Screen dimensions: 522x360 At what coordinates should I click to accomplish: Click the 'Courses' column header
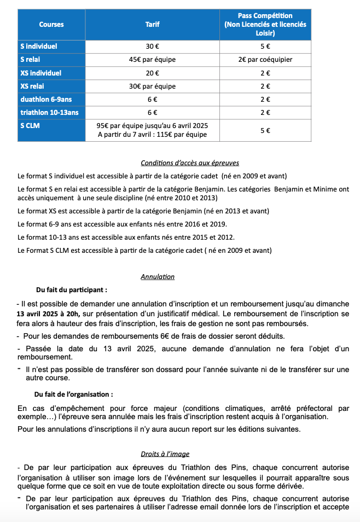[x=51, y=24]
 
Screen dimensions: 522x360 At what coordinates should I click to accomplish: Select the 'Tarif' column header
[x=152, y=24]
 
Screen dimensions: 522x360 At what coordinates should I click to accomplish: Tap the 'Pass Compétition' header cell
[x=265, y=24]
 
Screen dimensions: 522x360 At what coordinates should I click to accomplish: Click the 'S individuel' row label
[x=39, y=47]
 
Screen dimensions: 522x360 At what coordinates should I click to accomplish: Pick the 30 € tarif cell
[x=152, y=47]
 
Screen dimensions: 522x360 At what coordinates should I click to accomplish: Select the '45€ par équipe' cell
[x=152, y=60]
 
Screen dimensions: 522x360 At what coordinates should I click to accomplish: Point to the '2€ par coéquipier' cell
[x=265, y=60]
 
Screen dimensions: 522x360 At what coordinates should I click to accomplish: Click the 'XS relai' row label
[x=32, y=86]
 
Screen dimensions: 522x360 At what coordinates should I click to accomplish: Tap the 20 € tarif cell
[x=152, y=73]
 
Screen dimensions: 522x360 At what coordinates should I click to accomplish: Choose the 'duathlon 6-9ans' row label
[x=43, y=99]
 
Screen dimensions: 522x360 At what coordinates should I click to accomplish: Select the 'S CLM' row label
[x=30, y=125]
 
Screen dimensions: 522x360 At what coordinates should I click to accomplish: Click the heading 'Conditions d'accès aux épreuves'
[x=189, y=163]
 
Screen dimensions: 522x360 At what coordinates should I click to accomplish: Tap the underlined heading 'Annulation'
[x=158, y=277]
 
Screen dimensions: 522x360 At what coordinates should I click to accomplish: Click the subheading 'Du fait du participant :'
[x=72, y=289]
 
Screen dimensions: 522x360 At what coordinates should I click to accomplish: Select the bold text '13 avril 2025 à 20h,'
[x=48, y=314]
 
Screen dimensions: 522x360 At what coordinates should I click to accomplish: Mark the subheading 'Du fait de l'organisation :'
[x=74, y=394]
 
